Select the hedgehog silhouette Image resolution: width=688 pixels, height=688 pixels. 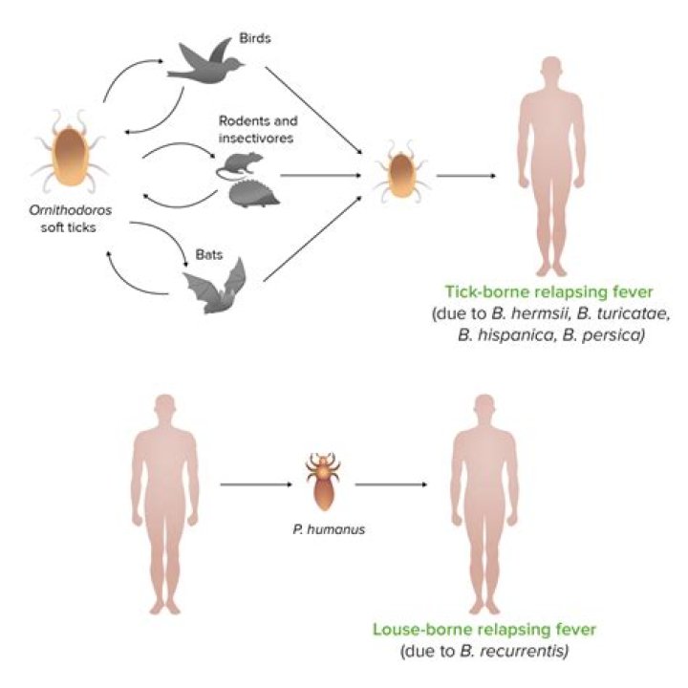[x=250, y=194]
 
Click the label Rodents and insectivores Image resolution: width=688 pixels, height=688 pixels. [x=260, y=129]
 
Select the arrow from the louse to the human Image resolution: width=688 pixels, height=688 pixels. [x=392, y=484]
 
